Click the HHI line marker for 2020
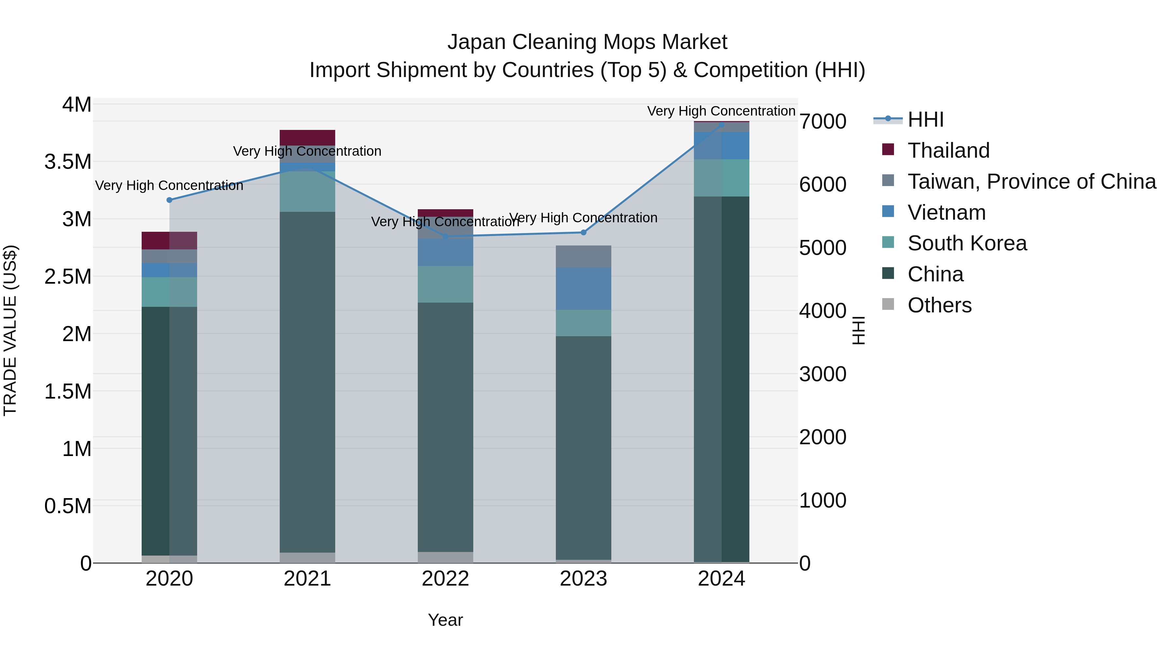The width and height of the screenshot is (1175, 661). [x=169, y=200]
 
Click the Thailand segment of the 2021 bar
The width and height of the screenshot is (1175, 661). [x=307, y=137]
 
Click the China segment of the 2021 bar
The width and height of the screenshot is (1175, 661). [x=307, y=381]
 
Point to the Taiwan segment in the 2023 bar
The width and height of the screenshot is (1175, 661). [x=583, y=256]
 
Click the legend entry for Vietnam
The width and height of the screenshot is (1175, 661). [x=947, y=212]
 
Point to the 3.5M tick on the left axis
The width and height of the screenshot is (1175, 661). [x=68, y=162]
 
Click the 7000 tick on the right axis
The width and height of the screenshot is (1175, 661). [x=822, y=121]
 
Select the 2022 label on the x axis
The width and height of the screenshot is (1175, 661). [x=445, y=579]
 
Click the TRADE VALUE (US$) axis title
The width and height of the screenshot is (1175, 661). [x=10, y=330]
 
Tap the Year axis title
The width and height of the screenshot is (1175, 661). [x=445, y=620]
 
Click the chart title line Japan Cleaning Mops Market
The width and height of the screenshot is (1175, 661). [x=587, y=42]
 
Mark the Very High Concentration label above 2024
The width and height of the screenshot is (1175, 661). [x=721, y=111]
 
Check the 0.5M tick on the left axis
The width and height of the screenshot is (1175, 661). [x=68, y=506]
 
